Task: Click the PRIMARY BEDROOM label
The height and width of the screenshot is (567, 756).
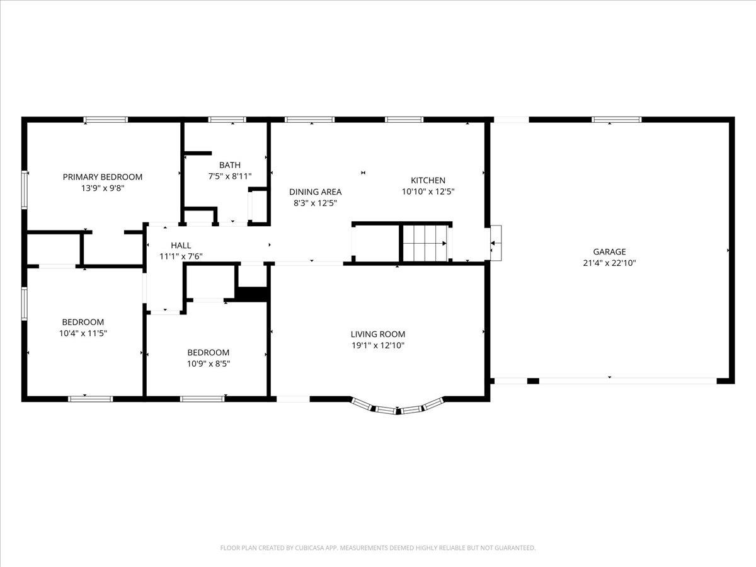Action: click(102, 177)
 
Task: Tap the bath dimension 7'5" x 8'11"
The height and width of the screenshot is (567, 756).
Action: click(230, 176)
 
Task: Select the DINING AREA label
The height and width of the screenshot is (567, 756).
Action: click(315, 192)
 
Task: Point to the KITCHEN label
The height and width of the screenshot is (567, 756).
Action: click(428, 180)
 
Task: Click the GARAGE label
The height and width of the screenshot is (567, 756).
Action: click(609, 251)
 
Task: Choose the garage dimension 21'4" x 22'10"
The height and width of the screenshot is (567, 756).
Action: click(609, 263)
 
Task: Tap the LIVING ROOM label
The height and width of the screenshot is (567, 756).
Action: click(378, 334)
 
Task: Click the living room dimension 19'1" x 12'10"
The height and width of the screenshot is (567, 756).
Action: click(378, 345)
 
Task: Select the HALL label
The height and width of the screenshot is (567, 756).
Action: click(181, 246)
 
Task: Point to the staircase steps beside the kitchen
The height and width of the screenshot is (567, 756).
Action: click(425, 243)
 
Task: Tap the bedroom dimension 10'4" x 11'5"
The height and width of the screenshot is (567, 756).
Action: click(83, 333)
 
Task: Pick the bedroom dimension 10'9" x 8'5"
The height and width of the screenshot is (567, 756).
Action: click(209, 364)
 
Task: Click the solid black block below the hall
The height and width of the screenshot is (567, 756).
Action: click(253, 294)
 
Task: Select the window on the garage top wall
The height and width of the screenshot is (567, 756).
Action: click(617, 120)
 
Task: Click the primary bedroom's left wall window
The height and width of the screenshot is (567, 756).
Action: click(25, 190)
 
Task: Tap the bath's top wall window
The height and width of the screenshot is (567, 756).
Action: click(227, 120)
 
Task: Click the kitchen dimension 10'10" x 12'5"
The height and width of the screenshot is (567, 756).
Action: click(428, 192)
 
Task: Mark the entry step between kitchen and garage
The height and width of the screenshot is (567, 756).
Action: click(496, 243)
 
